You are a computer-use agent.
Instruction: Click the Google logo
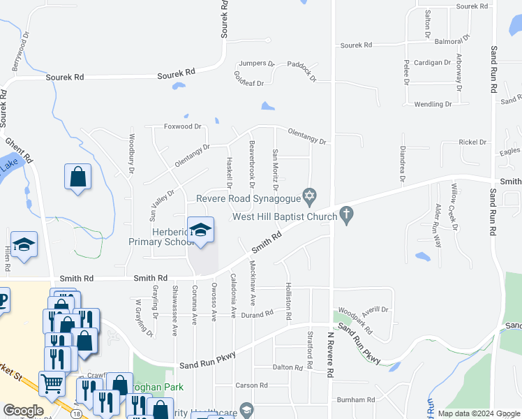22,411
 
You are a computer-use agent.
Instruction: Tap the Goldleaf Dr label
249,79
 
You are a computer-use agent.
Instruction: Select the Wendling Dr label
433,104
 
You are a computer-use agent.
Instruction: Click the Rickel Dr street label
472,142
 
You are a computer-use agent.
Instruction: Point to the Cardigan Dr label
432,62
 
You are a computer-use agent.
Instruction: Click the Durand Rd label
257,314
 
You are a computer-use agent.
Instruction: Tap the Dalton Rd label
287,367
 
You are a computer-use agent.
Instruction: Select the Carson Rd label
251,385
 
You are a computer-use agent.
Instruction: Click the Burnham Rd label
355,399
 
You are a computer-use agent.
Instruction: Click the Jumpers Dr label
256,63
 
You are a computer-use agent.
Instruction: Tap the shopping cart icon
52,383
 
